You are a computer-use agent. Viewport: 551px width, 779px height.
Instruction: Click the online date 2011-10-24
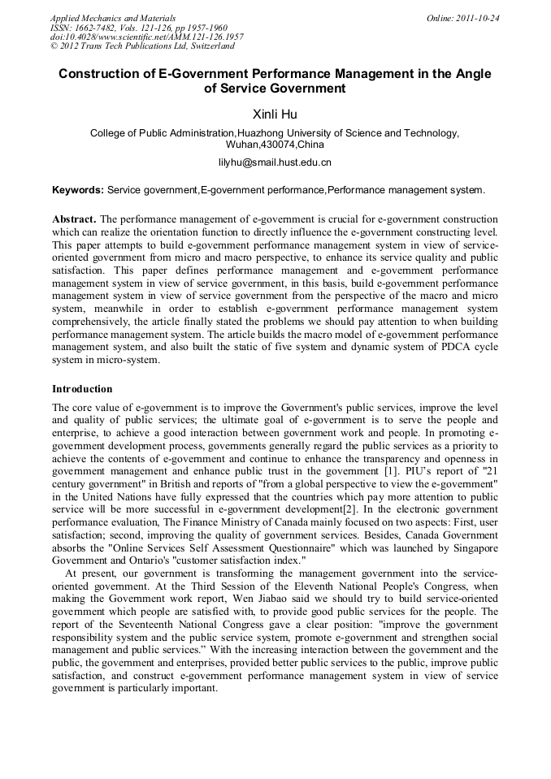coord(477,17)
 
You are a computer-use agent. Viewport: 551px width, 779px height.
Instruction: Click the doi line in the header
coord(146,37)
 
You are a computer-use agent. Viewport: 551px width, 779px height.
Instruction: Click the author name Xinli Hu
coord(275,115)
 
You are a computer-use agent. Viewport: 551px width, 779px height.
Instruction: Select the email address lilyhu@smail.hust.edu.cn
coord(275,162)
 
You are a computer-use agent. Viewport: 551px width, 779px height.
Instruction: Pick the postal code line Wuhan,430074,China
coord(275,145)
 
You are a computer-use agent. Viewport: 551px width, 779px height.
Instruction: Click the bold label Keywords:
coord(78,190)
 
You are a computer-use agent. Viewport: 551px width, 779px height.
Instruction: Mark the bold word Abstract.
coord(74,219)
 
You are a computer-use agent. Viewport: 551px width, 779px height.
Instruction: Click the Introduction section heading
coord(82,389)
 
